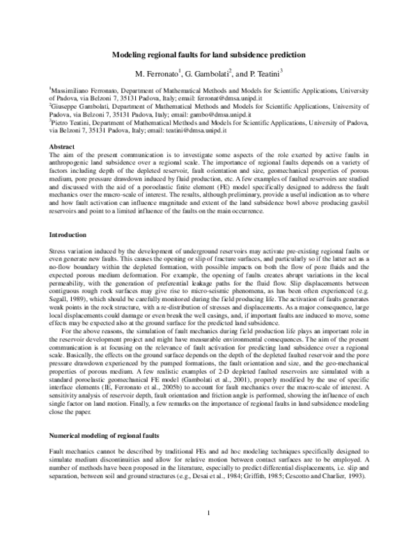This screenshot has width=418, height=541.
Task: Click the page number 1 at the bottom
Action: click(209, 514)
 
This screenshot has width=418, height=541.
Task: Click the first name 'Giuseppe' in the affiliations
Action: click(65, 107)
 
